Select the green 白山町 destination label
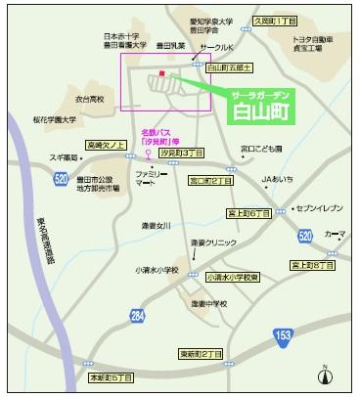265,102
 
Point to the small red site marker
159,73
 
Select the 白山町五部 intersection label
231,67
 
